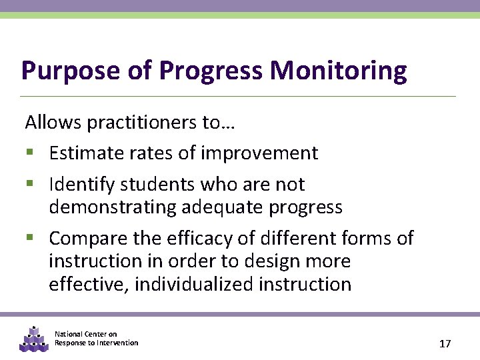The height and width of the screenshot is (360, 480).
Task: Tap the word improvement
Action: point(259,153)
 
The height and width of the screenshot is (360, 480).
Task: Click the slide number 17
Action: point(445,344)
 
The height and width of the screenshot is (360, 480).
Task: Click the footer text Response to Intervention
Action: point(97,343)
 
